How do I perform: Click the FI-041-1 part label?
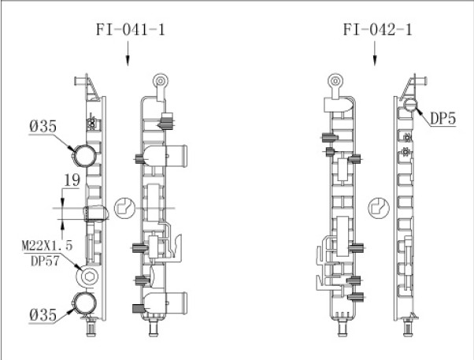coord(131,30)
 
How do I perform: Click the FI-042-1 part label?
coord(378,30)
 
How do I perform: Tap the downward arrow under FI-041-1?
coord(128,54)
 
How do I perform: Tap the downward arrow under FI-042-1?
coord(375,54)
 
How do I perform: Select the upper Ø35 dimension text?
coord(43,126)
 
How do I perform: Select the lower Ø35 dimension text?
coord(43,314)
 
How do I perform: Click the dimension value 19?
coord(72,180)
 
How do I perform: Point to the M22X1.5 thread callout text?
coord(47,245)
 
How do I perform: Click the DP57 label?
coord(45,261)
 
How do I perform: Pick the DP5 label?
coord(443,118)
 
